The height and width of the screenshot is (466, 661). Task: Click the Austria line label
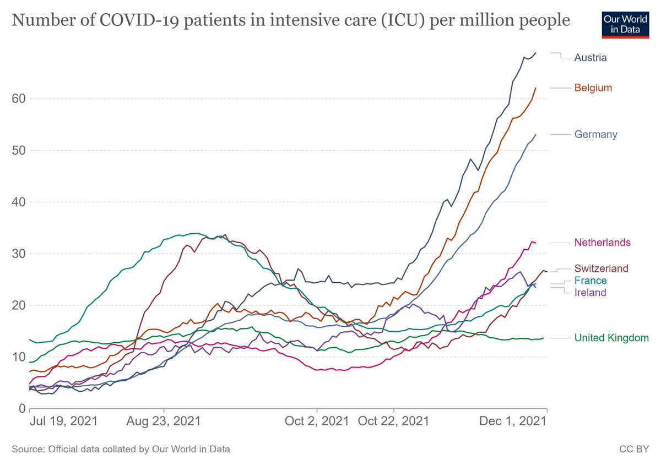pyautogui.click(x=590, y=57)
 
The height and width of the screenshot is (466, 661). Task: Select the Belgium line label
pyautogui.click(x=593, y=87)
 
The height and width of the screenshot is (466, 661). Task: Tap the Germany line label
pyautogui.click(x=595, y=134)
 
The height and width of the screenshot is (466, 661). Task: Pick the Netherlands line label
pyautogui.click(x=602, y=242)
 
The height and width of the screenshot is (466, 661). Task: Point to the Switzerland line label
pyautogui.click(x=601, y=268)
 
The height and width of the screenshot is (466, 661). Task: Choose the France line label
pyautogui.click(x=591, y=281)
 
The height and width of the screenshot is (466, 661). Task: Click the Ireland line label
pyautogui.click(x=590, y=293)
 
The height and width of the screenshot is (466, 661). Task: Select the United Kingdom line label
pyautogui.click(x=611, y=338)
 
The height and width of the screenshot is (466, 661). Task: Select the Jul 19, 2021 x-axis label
pyautogui.click(x=63, y=421)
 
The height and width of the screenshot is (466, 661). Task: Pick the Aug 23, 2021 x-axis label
pyautogui.click(x=164, y=421)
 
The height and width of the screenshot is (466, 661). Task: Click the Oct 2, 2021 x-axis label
pyautogui.click(x=317, y=421)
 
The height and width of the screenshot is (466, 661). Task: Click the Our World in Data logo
pyautogui.click(x=622, y=24)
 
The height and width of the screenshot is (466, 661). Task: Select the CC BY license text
pyautogui.click(x=634, y=449)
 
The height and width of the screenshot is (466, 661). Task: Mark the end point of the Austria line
pyautogui.click(x=535, y=53)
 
